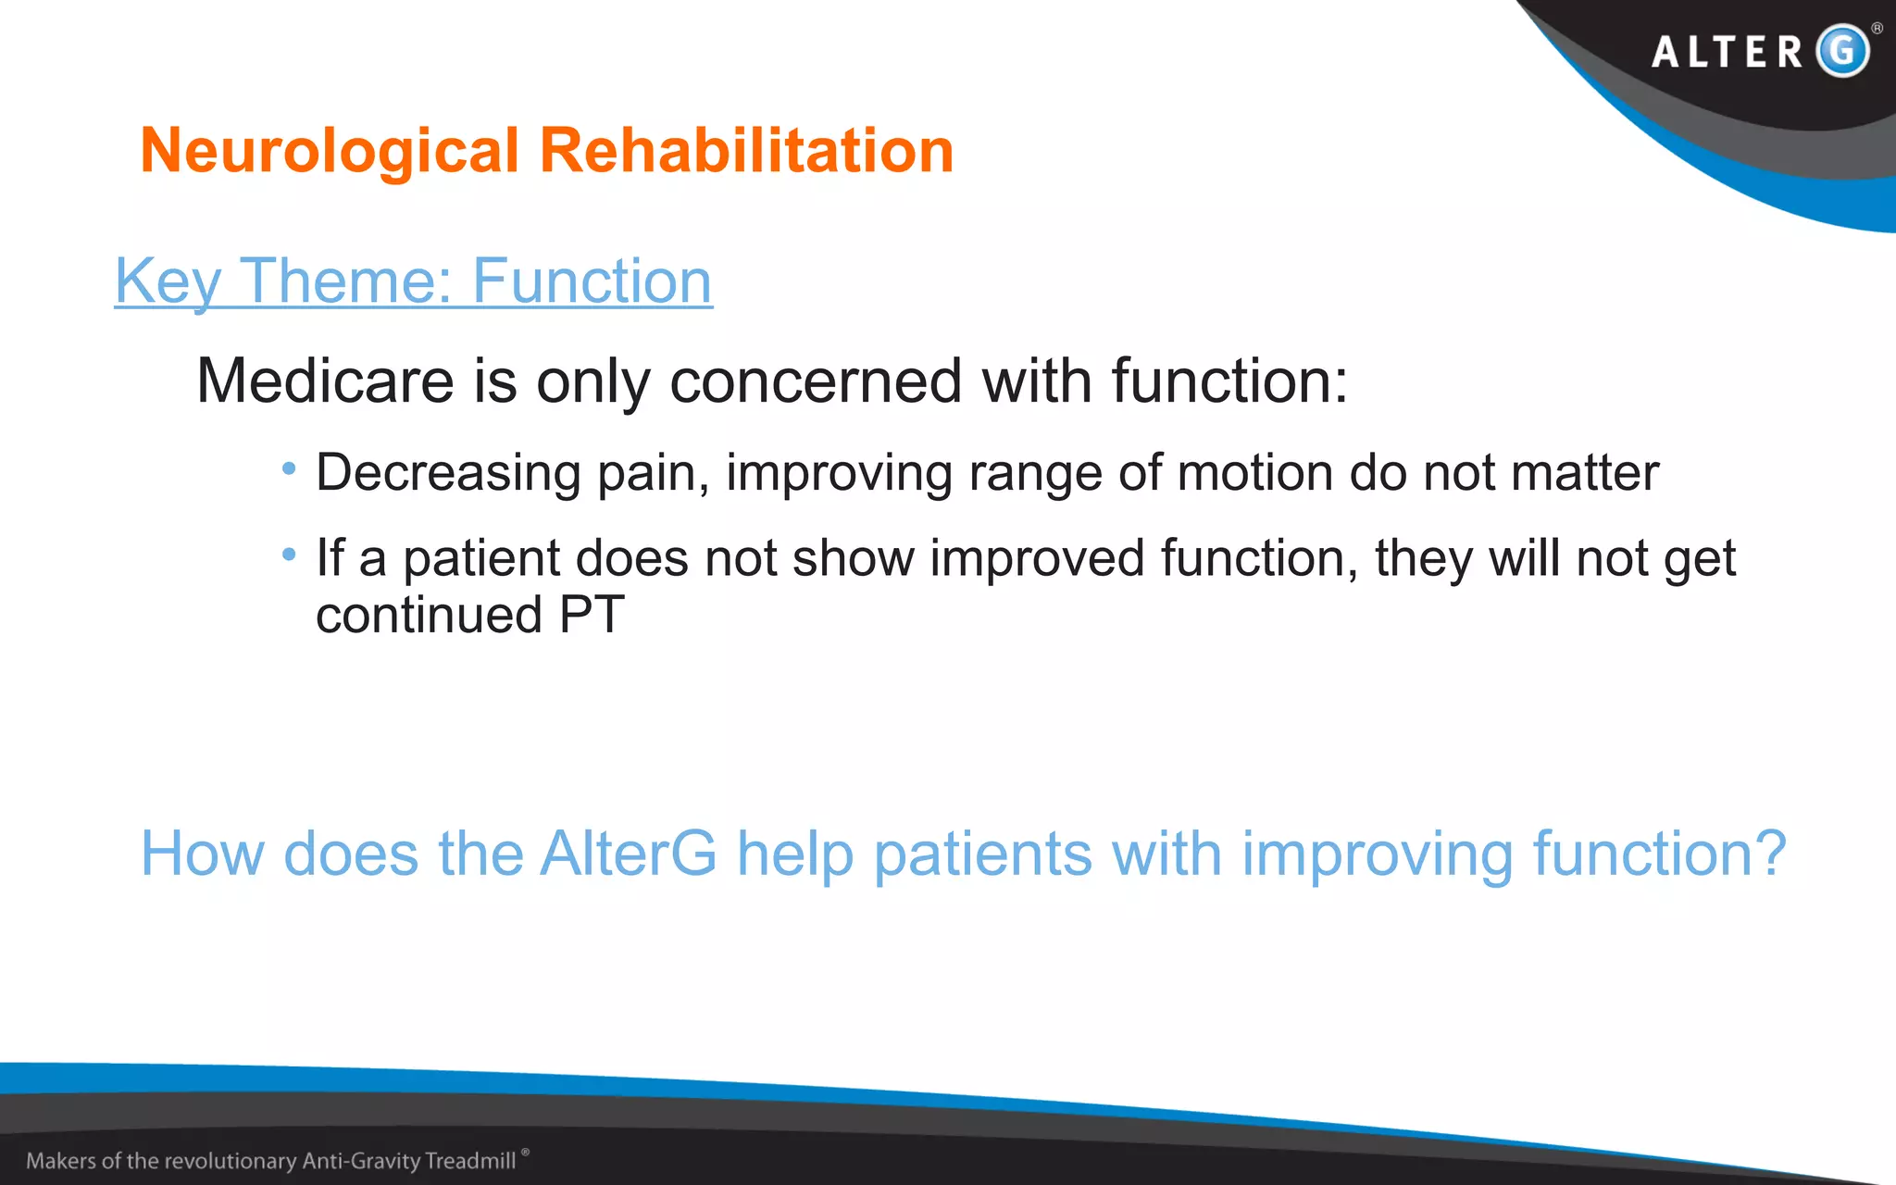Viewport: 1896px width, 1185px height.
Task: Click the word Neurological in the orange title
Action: click(x=330, y=151)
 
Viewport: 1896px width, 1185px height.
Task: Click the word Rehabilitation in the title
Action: click(x=746, y=151)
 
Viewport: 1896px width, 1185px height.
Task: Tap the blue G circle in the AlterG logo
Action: click(x=1842, y=50)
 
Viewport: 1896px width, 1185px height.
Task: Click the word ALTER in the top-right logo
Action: click(x=1728, y=52)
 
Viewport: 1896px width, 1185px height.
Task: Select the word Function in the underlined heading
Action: click(x=592, y=281)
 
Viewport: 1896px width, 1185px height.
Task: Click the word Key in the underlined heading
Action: click(x=168, y=281)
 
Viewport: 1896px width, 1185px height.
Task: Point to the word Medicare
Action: click(x=325, y=380)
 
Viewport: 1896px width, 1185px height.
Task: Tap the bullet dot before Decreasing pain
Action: click(x=289, y=469)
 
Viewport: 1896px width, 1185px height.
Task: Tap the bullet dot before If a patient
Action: click(x=289, y=555)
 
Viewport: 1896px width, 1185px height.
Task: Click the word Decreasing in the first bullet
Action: click(x=448, y=473)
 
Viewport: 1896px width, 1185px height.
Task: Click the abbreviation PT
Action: click(x=592, y=616)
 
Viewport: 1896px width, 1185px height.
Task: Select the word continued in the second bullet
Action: click(x=429, y=616)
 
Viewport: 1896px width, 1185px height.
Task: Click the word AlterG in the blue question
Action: click(x=629, y=853)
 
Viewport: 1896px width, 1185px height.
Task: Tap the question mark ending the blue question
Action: click(x=1769, y=853)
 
